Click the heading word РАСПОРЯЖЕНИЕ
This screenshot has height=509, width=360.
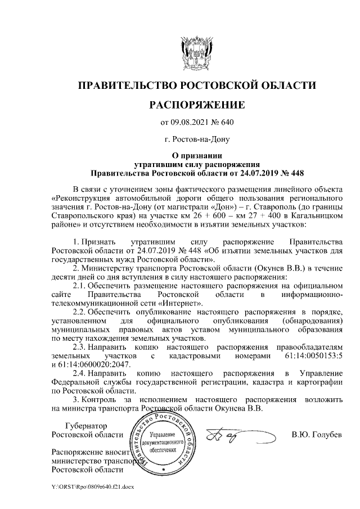click(x=196, y=105)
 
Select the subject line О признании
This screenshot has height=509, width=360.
click(x=196, y=156)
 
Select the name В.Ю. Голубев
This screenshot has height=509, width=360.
click(x=316, y=434)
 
